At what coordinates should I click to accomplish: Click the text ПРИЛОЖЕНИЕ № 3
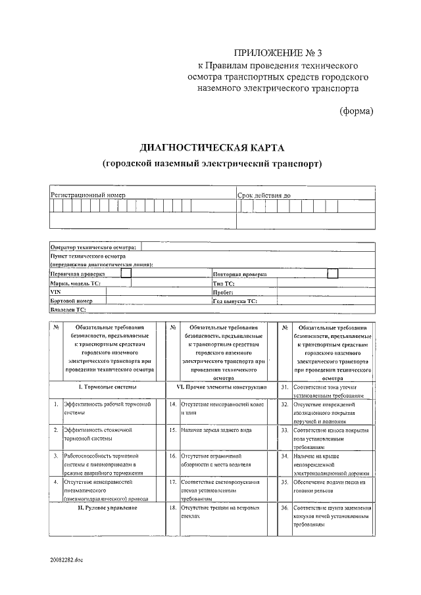[279, 53]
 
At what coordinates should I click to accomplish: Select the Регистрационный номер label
[88, 195]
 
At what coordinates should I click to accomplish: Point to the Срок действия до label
[264, 195]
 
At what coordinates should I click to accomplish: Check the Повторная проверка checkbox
[333, 273]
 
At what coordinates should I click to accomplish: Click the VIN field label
[55, 291]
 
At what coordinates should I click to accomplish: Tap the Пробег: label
[224, 291]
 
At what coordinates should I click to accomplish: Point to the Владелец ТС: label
[68, 308]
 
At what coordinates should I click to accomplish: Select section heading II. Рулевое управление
[107, 508]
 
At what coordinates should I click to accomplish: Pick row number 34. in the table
[285, 456]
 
